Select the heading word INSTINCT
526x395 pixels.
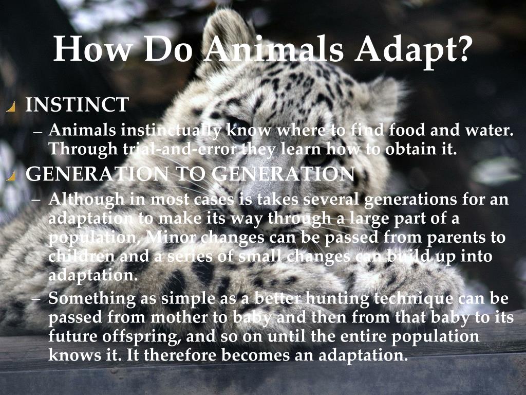coord(77,105)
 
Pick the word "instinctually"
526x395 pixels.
coord(173,131)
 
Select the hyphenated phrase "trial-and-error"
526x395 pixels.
coord(181,149)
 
